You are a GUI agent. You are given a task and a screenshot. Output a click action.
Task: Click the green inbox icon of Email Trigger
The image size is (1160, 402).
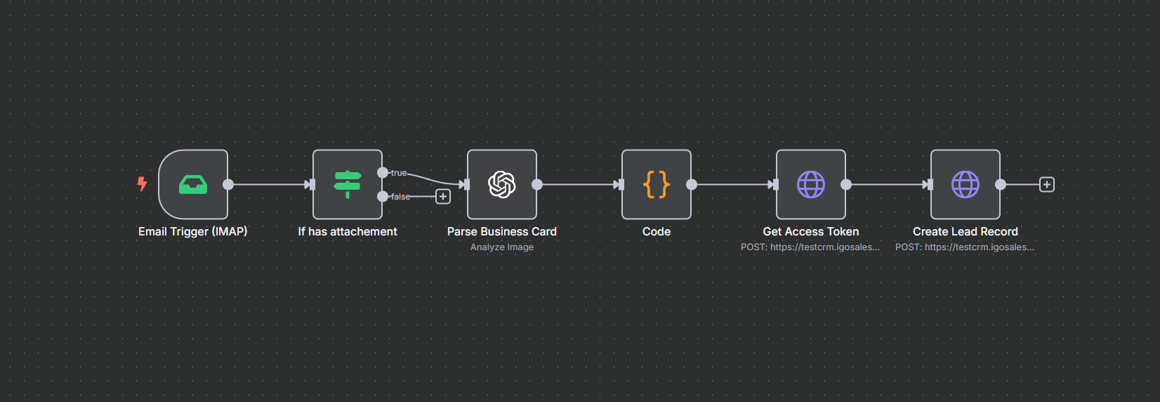(x=192, y=184)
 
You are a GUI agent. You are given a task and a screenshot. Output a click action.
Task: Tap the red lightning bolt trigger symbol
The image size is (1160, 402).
(x=142, y=184)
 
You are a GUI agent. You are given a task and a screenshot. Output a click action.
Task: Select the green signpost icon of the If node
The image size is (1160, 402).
(x=348, y=184)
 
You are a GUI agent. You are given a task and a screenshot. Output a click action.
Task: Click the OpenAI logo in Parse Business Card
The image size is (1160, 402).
(x=502, y=184)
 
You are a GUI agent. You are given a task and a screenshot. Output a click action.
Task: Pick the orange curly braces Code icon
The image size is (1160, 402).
(x=656, y=184)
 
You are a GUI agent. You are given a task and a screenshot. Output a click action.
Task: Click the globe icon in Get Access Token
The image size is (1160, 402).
(x=810, y=184)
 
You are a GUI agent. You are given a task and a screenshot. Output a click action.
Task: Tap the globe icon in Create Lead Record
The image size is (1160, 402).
(x=965, y=184)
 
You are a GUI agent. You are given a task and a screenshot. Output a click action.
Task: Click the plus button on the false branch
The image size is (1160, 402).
(x=443, y=196)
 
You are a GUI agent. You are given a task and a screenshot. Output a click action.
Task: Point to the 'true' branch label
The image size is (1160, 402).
(x=399, y=172)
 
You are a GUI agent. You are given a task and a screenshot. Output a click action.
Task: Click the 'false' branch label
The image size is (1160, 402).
(x=400, y=196)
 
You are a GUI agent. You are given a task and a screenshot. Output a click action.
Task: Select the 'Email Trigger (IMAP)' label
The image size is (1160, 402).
(x=192, y=231)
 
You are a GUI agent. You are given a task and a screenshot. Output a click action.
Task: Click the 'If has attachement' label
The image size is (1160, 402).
(x=348, y=231)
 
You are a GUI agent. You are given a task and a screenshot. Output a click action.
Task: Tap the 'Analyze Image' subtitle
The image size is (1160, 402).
(x=502, y=247)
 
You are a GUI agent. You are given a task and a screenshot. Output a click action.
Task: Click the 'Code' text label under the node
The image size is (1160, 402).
(x=656, y=231)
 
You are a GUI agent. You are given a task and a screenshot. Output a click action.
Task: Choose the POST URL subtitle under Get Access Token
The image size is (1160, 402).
(x=810, y=247)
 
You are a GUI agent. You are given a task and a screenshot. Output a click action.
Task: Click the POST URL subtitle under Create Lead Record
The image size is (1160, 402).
(x=964, y=247)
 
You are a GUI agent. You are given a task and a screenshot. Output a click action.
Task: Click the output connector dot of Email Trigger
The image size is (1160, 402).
(x=228, y=184)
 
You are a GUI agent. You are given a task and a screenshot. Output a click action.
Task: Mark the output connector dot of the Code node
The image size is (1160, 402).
(x=692, y=184)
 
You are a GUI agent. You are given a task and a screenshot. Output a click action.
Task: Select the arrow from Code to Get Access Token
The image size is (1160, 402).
(x=735, y=184)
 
